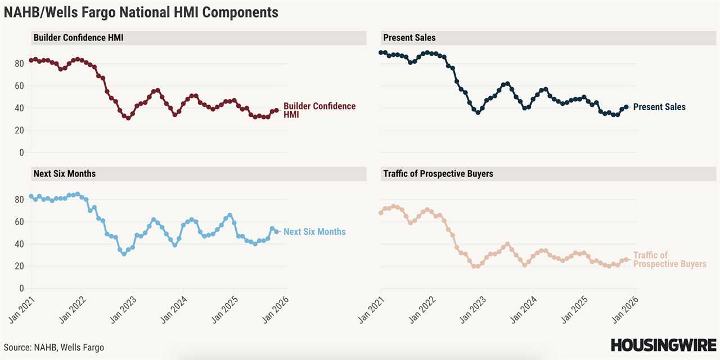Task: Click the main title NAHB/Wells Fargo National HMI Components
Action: point(141,12)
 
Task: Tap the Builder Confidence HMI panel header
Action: point(78,38)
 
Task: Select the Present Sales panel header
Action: point(409,38)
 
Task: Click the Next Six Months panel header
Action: point(65,173)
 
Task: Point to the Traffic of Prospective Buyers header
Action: point(438,173)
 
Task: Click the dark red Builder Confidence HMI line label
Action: point(319,110)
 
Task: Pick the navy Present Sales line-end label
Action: point(659,107)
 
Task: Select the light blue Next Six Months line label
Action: point(314,232)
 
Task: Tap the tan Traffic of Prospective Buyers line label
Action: point(669,259)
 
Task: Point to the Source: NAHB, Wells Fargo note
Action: point(54,348)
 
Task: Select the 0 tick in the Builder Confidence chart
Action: point(22,152)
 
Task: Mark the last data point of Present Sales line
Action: point(626,107)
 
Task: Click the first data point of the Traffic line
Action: point(381,213)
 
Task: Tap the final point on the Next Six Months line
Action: point(276,231)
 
